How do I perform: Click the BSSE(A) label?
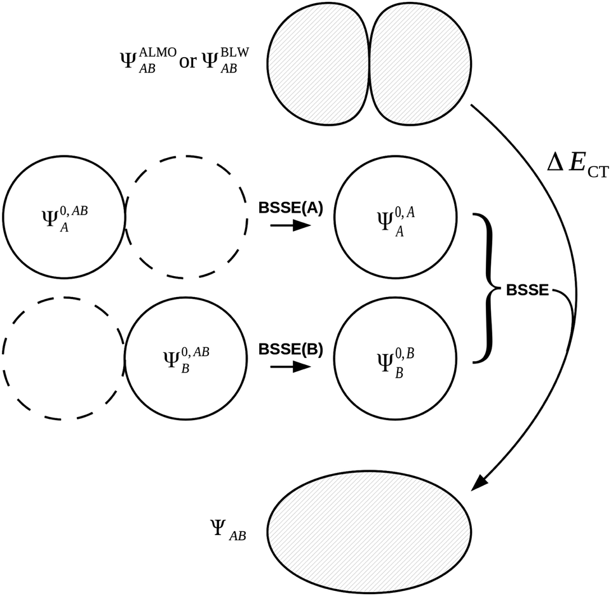pos(291,208)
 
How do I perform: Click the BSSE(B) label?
pos(291,349)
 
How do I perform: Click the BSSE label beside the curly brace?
pos(527,290)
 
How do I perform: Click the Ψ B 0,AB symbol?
pos(185,359)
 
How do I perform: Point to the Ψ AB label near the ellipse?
pos(227,528)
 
